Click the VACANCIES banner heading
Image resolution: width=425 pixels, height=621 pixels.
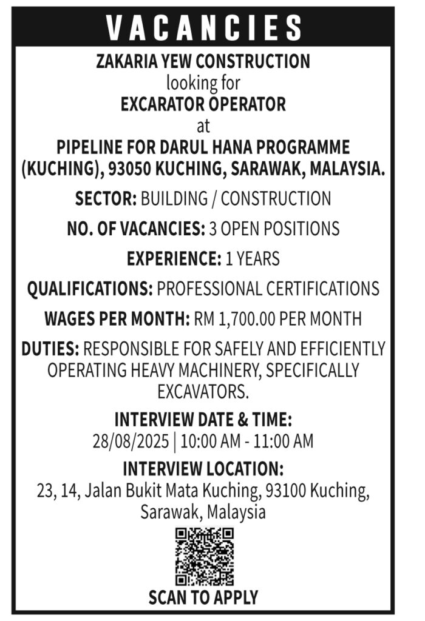pyautogui.click(x=204, y=27)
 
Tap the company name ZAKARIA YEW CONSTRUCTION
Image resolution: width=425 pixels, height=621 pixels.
pyautogui.click(x=203, y=61)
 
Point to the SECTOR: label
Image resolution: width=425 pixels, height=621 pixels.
pyautogui.click(x=106, y=198)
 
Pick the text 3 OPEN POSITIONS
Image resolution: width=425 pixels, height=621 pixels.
pyautogui.click(x=274, y=229)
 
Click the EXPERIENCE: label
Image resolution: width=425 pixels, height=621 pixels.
pyautogui.click(x=174, y=259)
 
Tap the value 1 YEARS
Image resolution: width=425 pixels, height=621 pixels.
pyautogui.click(x=253, y=259)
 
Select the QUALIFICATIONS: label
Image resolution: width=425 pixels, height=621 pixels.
pyautogui.click(x=90, y=288)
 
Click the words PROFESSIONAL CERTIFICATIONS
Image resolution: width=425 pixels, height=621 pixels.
pyautogui.click(x=268, y=288)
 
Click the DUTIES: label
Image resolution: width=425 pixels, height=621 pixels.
pyautogui.click(x=50, y=349)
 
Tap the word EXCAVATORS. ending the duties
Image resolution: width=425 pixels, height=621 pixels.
pyautogui.click(x=203, y=392)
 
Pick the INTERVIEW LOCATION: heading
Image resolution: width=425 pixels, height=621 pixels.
pyautogui.click(x=203, y=469)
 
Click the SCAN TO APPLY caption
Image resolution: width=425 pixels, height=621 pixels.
pyautogui.click(x=203, y=597)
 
